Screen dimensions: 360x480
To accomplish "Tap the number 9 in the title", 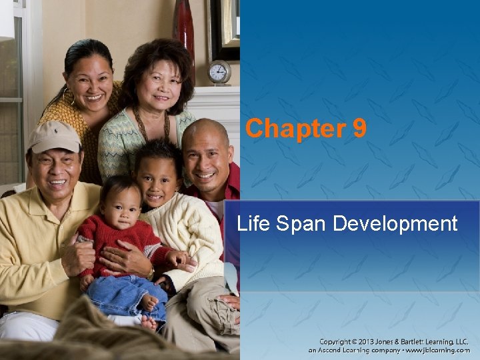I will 359,128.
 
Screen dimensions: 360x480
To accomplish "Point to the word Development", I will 395,223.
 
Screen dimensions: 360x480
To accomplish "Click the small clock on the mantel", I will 219,72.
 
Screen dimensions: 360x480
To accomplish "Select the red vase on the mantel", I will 183,27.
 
